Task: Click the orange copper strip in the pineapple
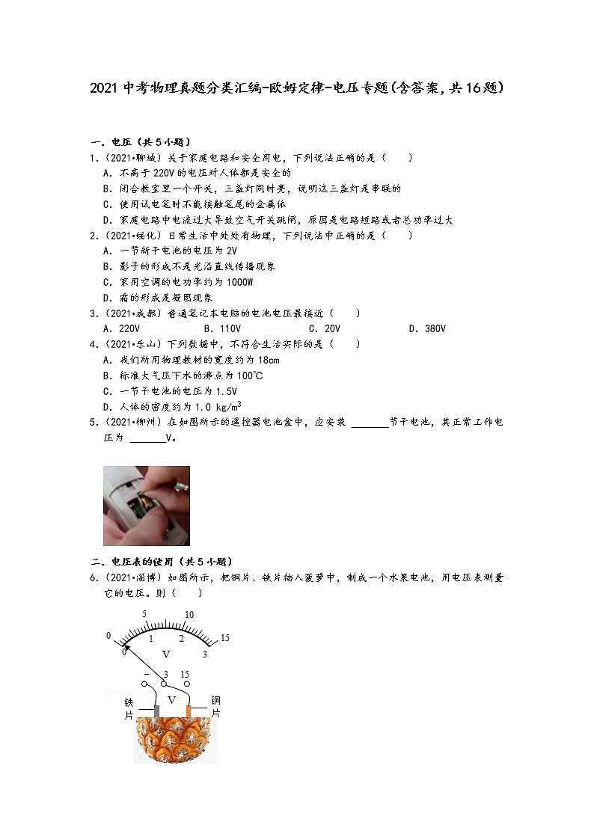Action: coord(189,711)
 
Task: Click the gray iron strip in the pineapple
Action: coord(156,711)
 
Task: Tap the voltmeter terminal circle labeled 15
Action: coord(187,683)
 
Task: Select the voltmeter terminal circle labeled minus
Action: coord(146,683)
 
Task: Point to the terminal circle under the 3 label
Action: coord(164,684)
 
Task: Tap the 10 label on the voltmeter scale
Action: coord(189,615)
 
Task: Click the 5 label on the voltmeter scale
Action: coord(144,615)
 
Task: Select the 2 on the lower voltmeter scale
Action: coord(180,639)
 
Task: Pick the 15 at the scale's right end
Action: coord(224,637)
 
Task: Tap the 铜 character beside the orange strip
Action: coord(216,701)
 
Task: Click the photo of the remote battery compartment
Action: coord(147,506)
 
